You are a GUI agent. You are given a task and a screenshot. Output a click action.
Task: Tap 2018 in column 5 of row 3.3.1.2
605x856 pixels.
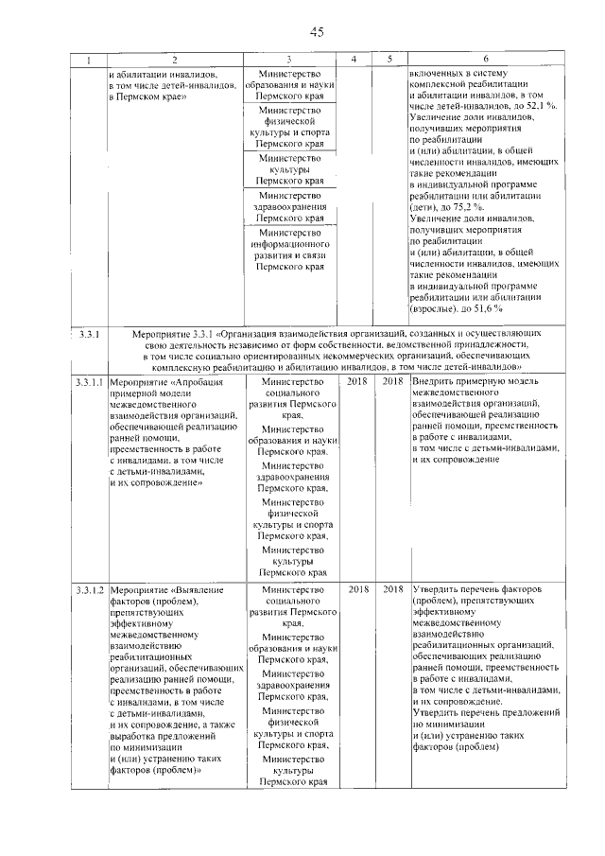392,590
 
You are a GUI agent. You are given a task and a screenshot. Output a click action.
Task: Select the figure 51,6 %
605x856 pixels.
485,308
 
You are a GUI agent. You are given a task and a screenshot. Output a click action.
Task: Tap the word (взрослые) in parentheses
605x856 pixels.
436,308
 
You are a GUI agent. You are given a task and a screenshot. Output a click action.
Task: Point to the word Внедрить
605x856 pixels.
432,381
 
